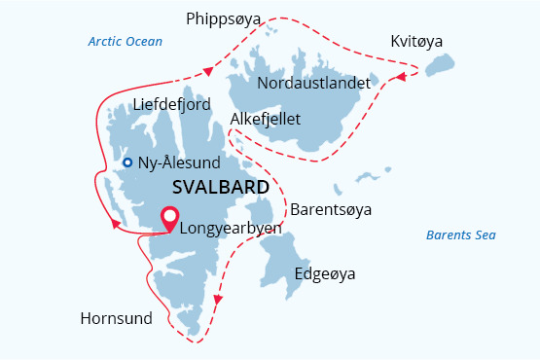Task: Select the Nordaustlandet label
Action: pos(313,83)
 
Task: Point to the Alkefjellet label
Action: pos(266,119)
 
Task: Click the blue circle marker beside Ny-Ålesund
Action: pos(127,162)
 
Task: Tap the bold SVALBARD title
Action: pos(220,186)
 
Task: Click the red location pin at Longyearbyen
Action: pos(169,219)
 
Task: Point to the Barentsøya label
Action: pos(331,209)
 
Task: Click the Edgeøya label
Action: pos(324,273)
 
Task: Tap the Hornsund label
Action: pos(117,318)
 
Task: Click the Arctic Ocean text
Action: pos(125,42)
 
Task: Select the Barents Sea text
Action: pos(462,235)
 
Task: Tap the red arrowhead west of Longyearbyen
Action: pos(116,225)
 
